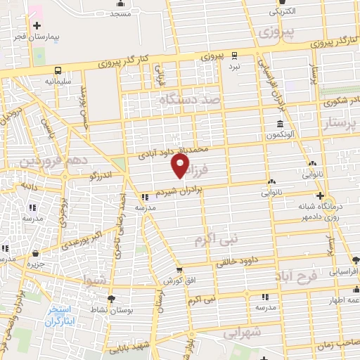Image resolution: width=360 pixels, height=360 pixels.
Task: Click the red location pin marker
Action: pos(181,167)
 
